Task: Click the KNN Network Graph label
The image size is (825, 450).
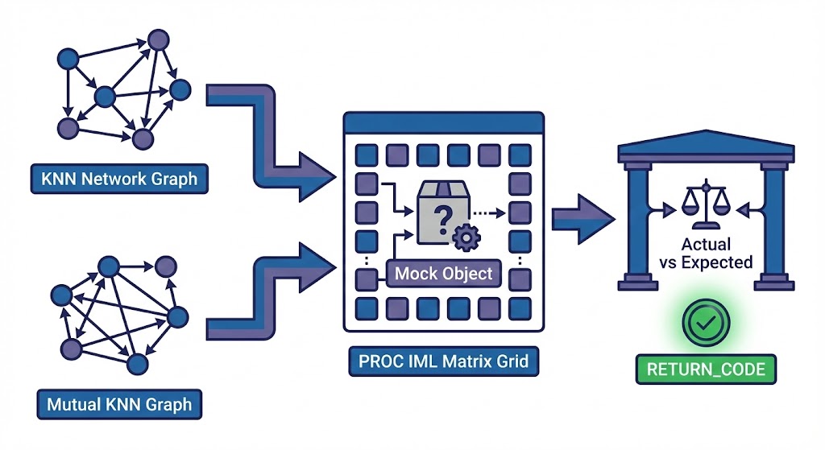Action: [x=119, y=179]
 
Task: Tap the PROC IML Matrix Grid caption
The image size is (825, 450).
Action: [x=439, y=360]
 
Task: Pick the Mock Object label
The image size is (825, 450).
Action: [x=443, y=273]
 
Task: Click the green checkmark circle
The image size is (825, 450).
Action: [x=705, y=324]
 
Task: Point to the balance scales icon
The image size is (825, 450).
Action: [x=702, y=205]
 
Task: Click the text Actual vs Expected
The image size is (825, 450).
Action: [x=706, y=253]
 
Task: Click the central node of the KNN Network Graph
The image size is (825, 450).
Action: [x=106, y=97]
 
